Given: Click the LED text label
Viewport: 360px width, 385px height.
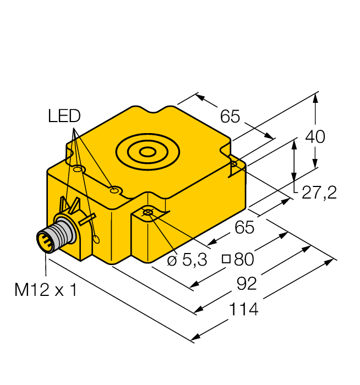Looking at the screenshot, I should tap(64, 116).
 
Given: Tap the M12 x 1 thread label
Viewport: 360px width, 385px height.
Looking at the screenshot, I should tap(45, 290).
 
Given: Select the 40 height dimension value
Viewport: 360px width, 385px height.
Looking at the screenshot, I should tap(315, 136).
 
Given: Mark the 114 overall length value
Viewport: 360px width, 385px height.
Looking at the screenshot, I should tap(242, 309).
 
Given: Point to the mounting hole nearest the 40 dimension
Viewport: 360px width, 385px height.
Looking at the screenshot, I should tap(233, 164).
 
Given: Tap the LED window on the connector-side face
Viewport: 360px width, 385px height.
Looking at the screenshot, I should tap(96, 239).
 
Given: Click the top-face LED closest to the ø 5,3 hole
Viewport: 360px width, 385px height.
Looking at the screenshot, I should tap(114, 190).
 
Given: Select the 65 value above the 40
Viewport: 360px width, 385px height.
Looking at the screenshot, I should tap(230, 116).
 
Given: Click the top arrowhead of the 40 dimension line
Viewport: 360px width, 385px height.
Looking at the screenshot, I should tap(315, 98).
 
